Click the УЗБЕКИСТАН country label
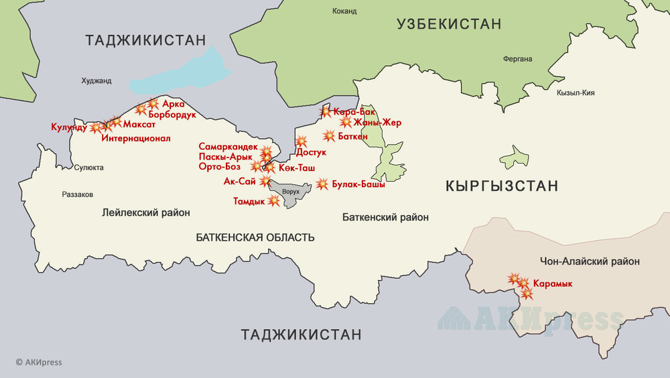click(449, 25)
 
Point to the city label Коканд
click(344, 11)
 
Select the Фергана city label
click(517, 59)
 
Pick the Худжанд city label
click(96, 81)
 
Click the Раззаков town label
click(77, 194)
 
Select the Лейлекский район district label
click(146, 213)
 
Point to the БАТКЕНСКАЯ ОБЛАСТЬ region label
click(255, 237)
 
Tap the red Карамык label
click(554, 283)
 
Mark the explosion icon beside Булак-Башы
click(322, 184)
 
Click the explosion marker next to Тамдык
click(273, 200)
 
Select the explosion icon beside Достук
click(301, 141)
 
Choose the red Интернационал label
click(136, 139)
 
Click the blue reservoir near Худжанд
click(181, 74)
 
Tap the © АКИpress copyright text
click(39, 363)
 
